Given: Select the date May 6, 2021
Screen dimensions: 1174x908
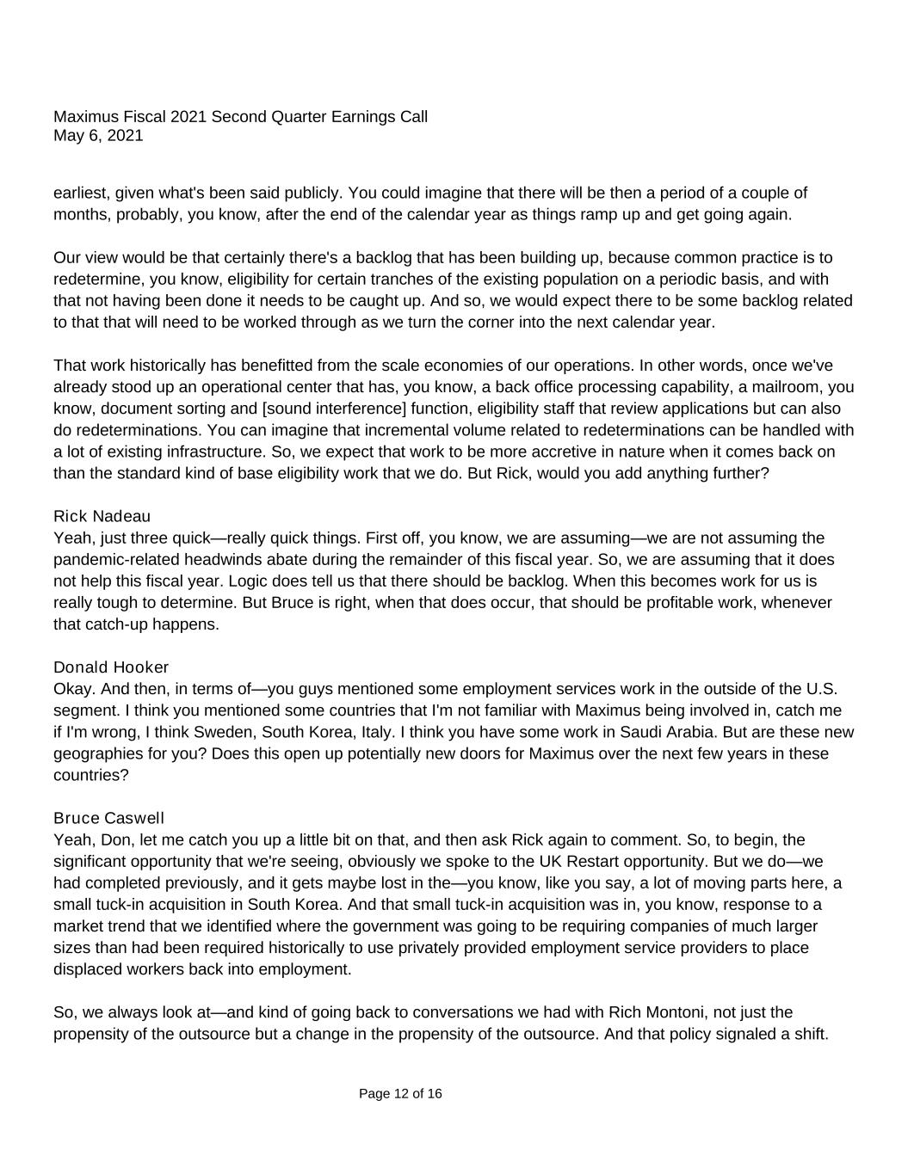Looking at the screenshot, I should (98, 136).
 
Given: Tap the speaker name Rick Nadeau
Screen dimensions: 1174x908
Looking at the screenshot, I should (102, 516).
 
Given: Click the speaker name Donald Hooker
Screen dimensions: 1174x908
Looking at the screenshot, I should (111, 667).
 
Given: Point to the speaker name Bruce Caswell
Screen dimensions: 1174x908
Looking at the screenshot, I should (108, 818).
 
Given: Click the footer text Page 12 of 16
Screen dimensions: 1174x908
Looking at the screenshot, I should (400, 1094).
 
